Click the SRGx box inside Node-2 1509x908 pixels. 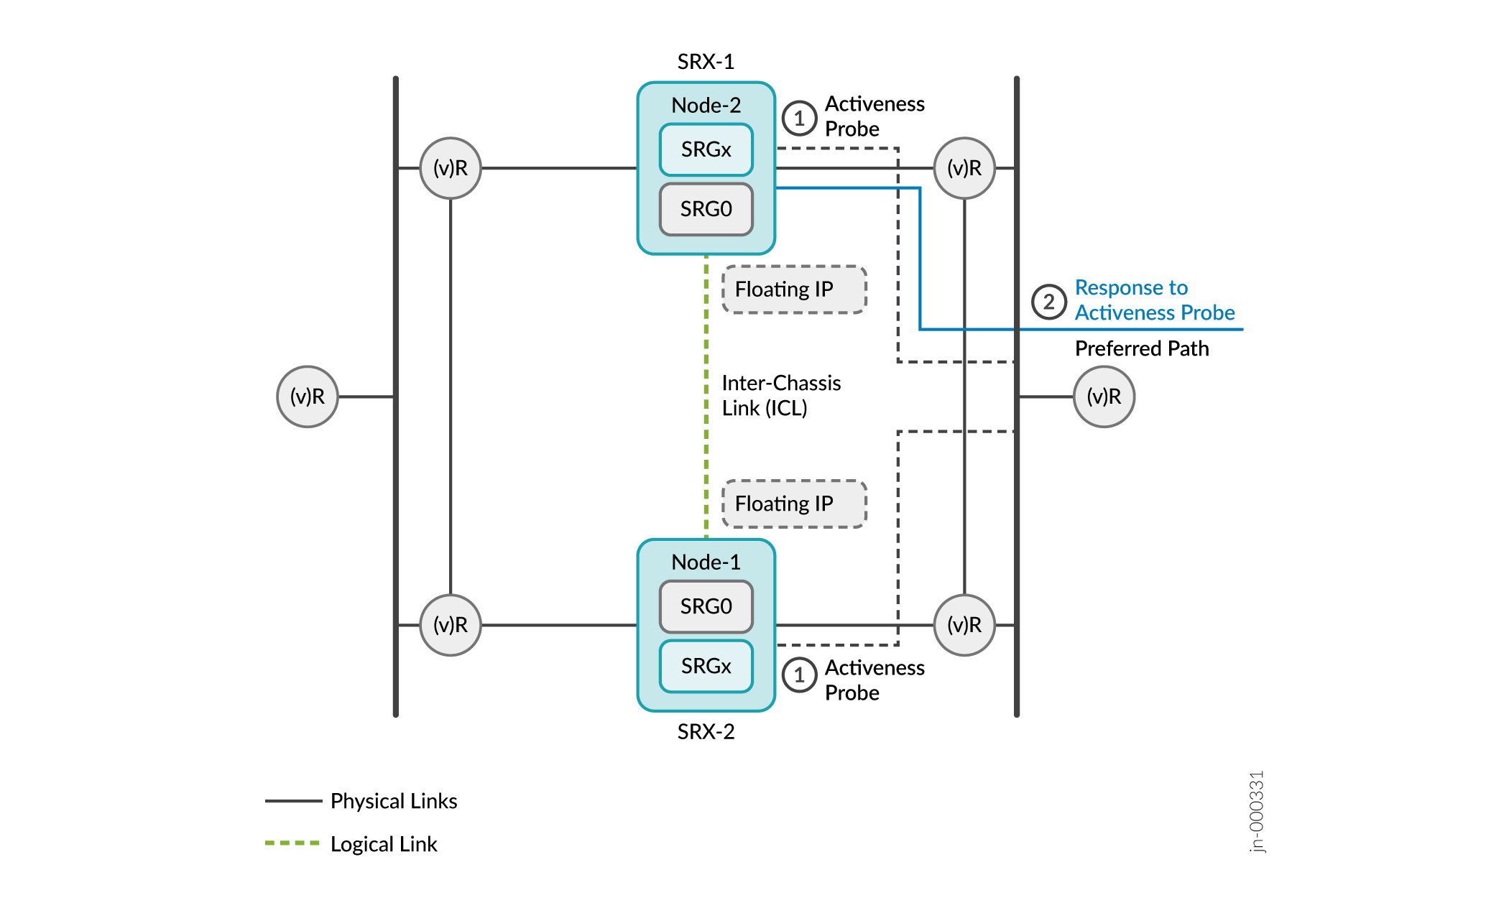pyautogui.click(x=706, y=149)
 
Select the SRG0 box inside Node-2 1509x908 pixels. pyautogui.click(x=706, y=209)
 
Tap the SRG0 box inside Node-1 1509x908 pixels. pyautogui.click(x=706, y=606)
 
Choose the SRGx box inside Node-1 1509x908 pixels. pyautogui.click(x=706, y=666)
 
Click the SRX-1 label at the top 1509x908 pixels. pyautogui.click(x=706, y=62)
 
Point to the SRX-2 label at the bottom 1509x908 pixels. pyautogui.click(x=706, y=731)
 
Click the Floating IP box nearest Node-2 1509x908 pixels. pyautogui.click(x=794, y=289)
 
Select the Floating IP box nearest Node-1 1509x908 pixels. pyautogui.click(x=794, y=504)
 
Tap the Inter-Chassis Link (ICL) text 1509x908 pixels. pyautogui.click(x=780, y=395)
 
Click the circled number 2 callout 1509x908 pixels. pyautogui.click(x=1048, y=302)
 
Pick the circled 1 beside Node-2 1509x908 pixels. pyautogui.click(x=799, y=118)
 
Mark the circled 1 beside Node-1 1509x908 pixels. pyautogui.click(x=799, y=675)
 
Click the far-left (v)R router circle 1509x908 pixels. pyautogui.click(x=308, y=397)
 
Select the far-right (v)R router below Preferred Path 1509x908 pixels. pyautogui.click(x=1104, y=397)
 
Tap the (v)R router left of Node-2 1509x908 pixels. pyautogui.click(x=451, y=168)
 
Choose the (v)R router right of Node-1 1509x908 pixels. pyautogui.click(x=964, y=625)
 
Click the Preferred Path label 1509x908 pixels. pyautogui.click(x=1141, y=348)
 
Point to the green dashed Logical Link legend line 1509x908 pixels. pyautogui.click(x=292, y=843)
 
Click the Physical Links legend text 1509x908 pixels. pyautogui.click(x=393, y=801)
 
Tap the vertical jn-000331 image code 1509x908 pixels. pyautogui.click(x=1256, y=812)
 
